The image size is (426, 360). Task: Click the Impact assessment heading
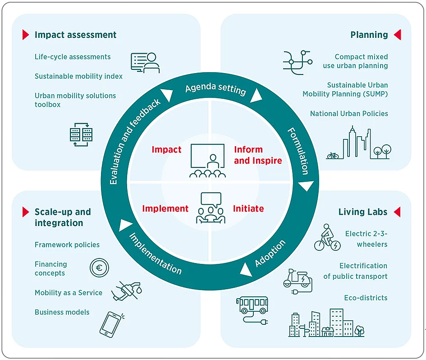pyautogui.click(x=75, y=35)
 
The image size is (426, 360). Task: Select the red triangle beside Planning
pyautogui.click(x=397, y=35)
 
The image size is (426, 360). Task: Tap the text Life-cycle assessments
pyautogui.click(x=73, y=57)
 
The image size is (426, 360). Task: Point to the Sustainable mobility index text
pyautogui.click(x=78, y=76)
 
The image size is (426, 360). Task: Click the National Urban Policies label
pyautogui.click(x=349, y=114)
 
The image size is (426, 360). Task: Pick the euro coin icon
pyautogui.click(x=99, y=268)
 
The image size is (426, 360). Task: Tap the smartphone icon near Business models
pyautogui.click(x=111, y=324)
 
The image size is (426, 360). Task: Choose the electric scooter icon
pyautogui.click(x=297, y=282)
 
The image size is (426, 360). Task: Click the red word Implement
pyautogui.click(x=165, y=208)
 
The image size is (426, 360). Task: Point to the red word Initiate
pyautogui.click(x=248, y=208)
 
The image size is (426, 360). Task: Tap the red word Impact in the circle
pyautogui.click(x=166, y=150)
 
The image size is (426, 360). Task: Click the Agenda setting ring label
pyautogui.click(x=215, y=88)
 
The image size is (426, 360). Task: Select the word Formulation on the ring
pyautogui.click(x=298, y=151)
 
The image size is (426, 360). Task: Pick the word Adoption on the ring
pyautogui.click(x=270, y=253)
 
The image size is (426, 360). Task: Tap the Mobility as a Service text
pyautogui.click(x=69, y=293)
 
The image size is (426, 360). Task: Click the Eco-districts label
pyautogui.click(x=366, y=298)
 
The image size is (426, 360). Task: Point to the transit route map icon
pyautogui.click(x=297, y=62)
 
